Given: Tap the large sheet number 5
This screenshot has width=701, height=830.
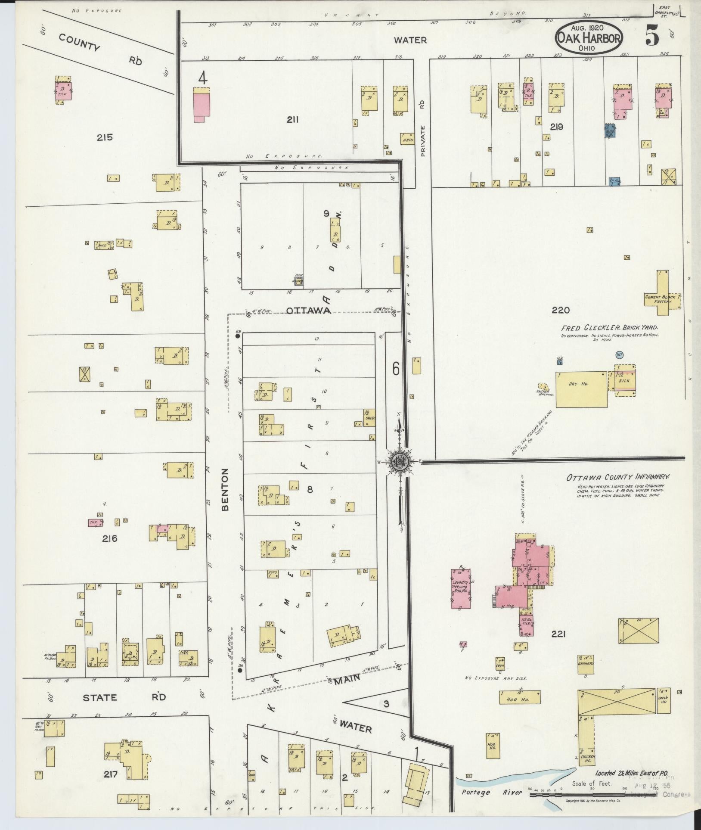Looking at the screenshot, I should pyautogui.click(x=651, y=37).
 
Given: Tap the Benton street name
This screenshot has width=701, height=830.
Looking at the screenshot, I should pyautogui.click(x=226, y=489).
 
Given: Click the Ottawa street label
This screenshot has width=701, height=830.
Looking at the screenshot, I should pyautogui.click(x=308, y=311).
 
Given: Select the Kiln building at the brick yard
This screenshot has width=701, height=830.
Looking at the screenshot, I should pyautogui.click(x=624, y=381).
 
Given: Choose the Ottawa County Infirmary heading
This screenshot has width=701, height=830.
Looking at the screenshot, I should pyautogui.click(x=619, y=477).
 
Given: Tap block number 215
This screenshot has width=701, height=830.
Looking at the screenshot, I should pyautogui.click(x=105, y=137).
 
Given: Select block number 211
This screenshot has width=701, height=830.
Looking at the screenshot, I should pyautogui.click(x=293, y=120).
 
